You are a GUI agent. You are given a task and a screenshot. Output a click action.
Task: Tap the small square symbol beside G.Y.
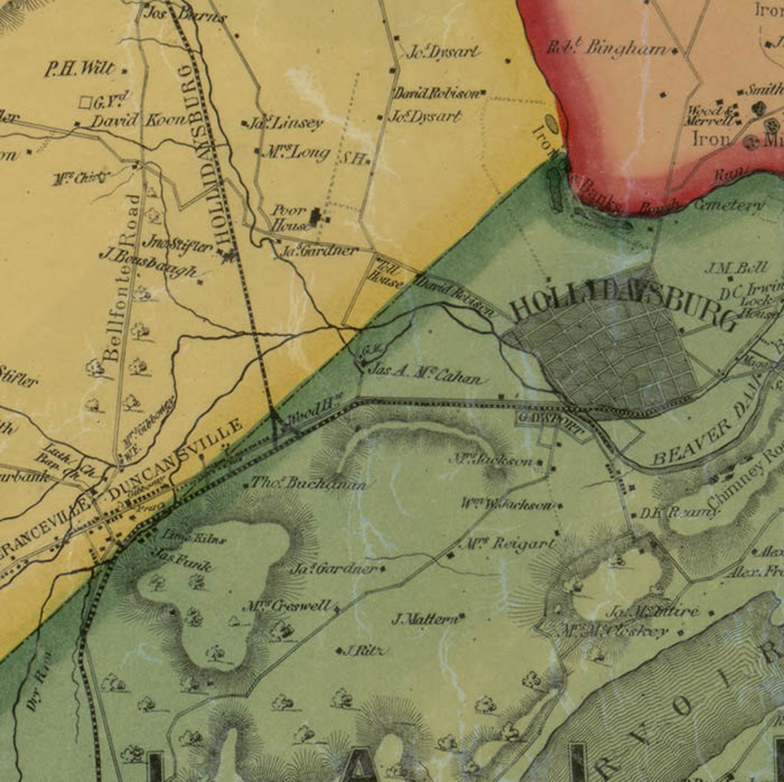[x=85, y=102]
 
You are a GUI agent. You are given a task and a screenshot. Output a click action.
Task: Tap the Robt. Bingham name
[x=607, y=48]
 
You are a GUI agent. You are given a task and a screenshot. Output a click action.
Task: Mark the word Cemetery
[x=729, y=205]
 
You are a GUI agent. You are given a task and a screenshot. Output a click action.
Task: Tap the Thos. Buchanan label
[x=307, y=484]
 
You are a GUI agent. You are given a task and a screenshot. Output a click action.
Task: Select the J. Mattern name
[x=424, y=619]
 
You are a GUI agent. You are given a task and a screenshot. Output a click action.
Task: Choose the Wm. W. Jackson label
[x=508, y=505]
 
